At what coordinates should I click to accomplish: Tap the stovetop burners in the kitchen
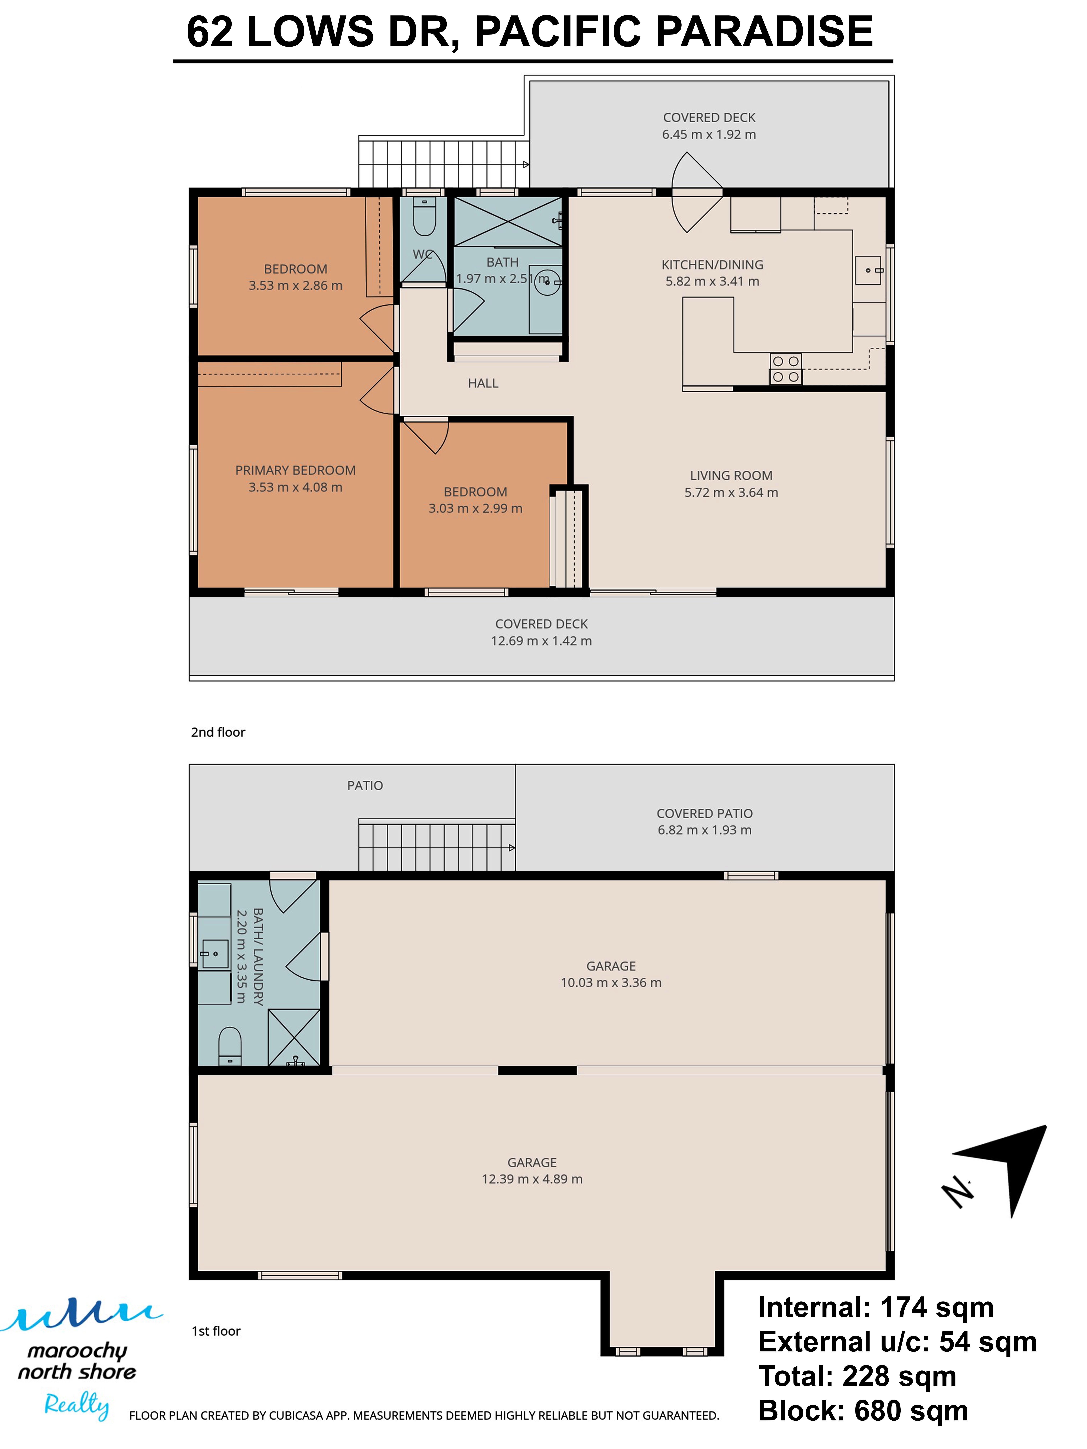(x=785, y=369)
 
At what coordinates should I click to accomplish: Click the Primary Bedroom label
(x=295, y=470)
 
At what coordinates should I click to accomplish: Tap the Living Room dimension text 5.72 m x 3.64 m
(x=731, y=493)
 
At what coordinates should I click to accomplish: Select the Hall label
(x=483, y=383)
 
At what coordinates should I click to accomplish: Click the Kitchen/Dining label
(x=712, y=265)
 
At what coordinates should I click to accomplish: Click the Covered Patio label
(x=704, y=814)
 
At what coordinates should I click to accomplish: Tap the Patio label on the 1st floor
(x=365, y=785)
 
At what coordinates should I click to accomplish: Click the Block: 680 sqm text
(x=863, y=1410)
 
